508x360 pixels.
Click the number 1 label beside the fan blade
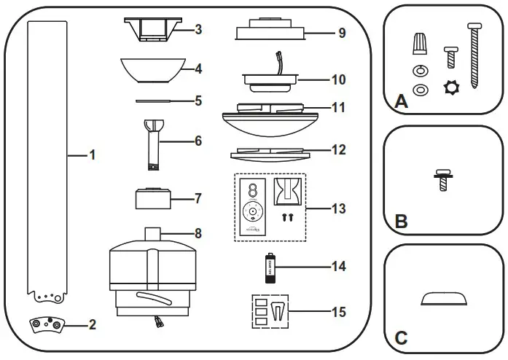pyautogui.click(x=92, y=154)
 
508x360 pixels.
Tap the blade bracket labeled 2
pyautogui.click(x=46, y=326)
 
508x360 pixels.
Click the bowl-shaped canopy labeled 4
pyautogui.click(x=151, y=70)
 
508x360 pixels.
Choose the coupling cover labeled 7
pyautogui.click(x=152, y=198)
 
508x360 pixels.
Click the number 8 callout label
pyautogui.click(x=198, y=234)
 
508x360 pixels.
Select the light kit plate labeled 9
pyautogui.click(x=269, y=31)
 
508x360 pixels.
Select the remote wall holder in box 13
pyautogui.click(x=287, y=192)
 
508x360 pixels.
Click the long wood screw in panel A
pyautogui.click(x=475, y=55)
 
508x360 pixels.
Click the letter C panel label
pyautogui.click(x=400, y=337)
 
